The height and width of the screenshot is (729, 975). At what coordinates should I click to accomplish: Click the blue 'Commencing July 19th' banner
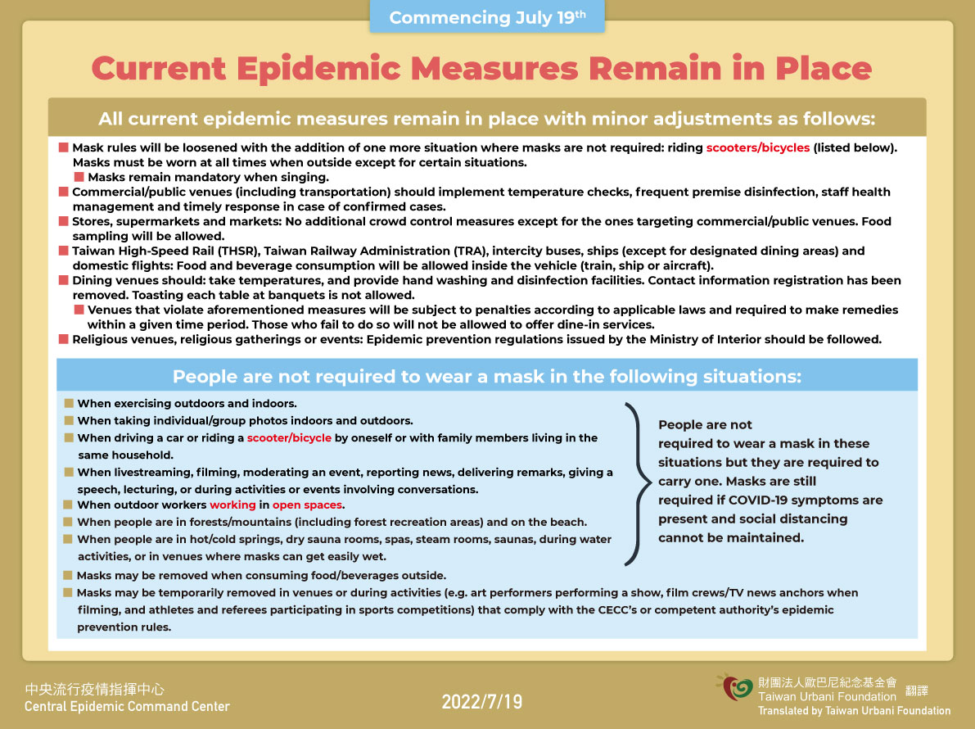487,17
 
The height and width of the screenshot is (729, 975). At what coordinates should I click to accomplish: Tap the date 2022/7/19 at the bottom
481,702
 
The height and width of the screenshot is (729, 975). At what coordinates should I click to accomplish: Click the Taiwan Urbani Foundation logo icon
735,687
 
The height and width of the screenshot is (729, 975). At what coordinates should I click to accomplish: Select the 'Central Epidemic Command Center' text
127,707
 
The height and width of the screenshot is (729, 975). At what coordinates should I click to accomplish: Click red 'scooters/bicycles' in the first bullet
758,148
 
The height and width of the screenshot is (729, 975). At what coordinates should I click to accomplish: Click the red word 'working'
232,505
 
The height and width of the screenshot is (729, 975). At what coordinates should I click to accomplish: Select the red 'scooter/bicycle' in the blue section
289,438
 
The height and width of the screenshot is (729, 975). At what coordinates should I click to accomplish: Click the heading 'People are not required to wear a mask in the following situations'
486,377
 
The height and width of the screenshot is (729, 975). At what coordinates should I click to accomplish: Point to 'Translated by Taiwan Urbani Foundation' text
854,711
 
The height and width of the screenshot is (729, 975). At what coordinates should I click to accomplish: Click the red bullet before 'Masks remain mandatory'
79,177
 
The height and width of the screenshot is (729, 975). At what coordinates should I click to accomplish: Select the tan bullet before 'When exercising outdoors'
69,404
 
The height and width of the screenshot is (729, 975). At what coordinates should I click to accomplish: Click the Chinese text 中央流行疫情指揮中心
95,690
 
